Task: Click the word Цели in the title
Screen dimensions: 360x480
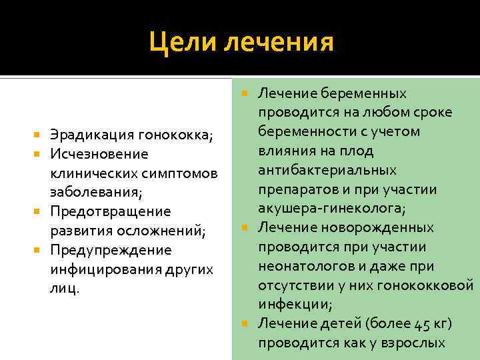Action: click(x=184, y=43)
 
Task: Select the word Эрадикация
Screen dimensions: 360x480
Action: click(x=93, y=136)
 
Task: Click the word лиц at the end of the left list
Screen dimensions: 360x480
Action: click(x=63, y=288)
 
